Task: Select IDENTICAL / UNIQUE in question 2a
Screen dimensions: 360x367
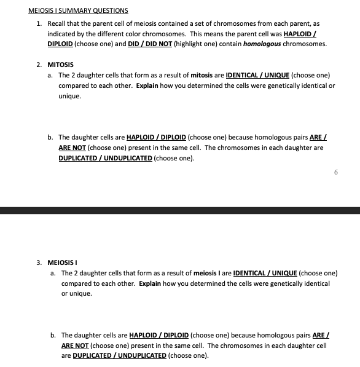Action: pyautogui.click(x=258, y=75)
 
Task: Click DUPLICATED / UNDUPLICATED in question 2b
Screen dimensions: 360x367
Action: pyautogui.click(x=105, y=158)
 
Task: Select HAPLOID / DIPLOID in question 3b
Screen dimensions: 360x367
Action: pyautogui.click(x=159, y=336)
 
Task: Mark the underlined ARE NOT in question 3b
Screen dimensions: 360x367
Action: pyautogui.click(x=74, y=346)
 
